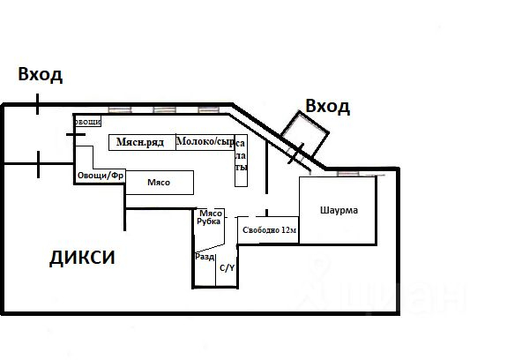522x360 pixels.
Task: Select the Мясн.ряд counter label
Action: click(x=140, y=142)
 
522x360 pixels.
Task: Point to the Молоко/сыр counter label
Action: click(x=205, y=142)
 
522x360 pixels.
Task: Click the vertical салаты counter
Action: click(x=241, y=160)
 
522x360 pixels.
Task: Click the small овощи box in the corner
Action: click(x=87, y=122)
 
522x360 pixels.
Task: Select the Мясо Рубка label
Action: click(x=209, y=217)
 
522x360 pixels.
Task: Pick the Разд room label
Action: click(x=205, y=257)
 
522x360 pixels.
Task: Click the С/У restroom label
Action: click(x=227, y=267)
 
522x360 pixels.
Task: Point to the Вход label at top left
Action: click(x=41, y=74)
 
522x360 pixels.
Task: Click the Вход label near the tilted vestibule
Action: click(x=327, y=107)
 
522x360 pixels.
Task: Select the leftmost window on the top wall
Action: click(x=121, y=110)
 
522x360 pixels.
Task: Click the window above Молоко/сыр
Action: click(x=208, y=110)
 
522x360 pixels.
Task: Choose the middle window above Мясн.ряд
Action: click(x=165, y=110)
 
